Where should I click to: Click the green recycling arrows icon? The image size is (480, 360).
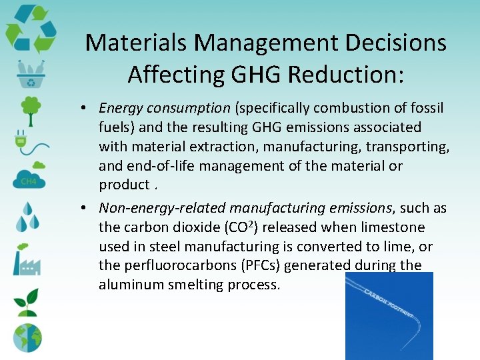tap(31, 29)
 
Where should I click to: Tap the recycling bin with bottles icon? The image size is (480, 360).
tap(30, 75)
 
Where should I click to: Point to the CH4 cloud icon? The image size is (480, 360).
tap(29, 177)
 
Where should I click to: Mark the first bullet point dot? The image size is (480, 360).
tap(87, 108)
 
